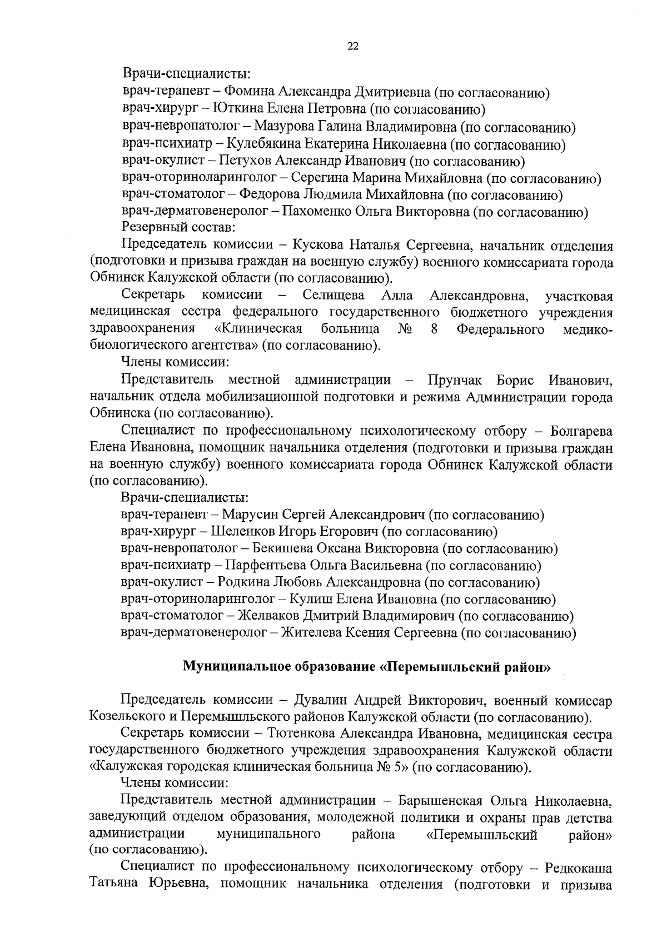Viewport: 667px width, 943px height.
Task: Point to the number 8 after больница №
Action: [x=434, y=330]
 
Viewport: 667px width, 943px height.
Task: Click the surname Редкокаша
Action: [x=579, y=867]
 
